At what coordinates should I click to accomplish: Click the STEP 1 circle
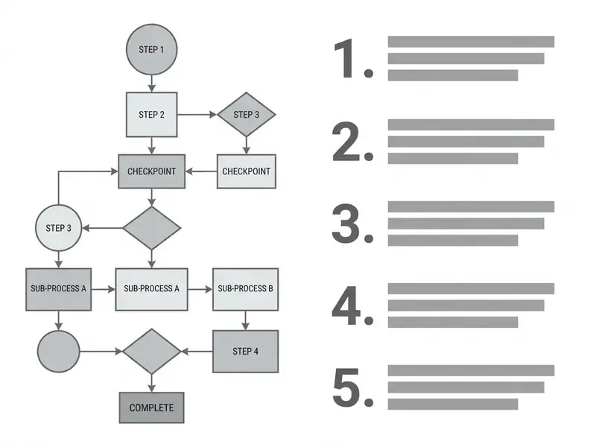[152, 49]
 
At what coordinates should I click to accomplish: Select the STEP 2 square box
[152, 115]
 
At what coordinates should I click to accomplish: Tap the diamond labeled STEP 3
[247, 115]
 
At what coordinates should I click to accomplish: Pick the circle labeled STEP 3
[59, 228]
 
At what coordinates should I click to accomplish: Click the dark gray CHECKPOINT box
[152, 171]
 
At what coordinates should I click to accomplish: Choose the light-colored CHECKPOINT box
[247, 171]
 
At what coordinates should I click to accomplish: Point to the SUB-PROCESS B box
[246, 289]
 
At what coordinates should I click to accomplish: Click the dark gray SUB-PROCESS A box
[59, 289]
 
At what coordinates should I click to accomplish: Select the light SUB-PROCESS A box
[152, 289]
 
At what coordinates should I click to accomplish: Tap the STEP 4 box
[246, 351]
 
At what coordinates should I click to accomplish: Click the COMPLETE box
[152, 408]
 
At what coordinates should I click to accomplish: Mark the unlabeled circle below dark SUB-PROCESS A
[59, 351]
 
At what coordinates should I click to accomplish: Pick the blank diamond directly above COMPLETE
[152, 352]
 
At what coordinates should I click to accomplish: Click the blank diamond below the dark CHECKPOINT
[152, 228]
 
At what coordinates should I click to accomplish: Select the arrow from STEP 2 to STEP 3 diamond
[197, 115]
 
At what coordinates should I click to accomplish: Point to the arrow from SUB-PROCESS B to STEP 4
[246, 320]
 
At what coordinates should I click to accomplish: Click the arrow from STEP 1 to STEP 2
[152, 83]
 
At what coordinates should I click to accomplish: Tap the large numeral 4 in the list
[346, 306]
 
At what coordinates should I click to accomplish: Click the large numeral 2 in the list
[346, 141]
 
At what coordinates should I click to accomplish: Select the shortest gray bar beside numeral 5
[453, 404]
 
